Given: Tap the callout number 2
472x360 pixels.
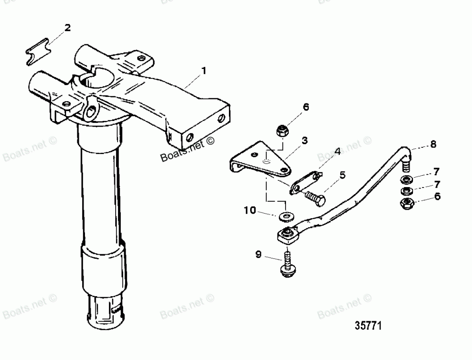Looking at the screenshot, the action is [67, 28].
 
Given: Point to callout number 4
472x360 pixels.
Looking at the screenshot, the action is [337, 152].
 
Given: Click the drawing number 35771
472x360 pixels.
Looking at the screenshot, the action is [368, 326].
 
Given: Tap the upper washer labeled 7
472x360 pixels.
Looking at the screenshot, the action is [405, 180].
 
